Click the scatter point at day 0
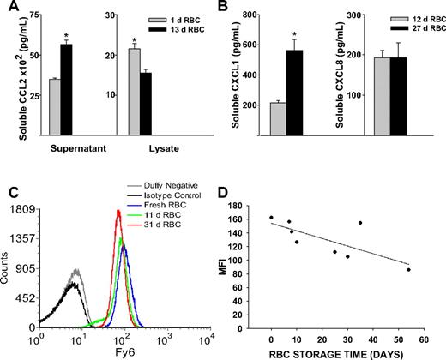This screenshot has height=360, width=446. coord(271,218)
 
